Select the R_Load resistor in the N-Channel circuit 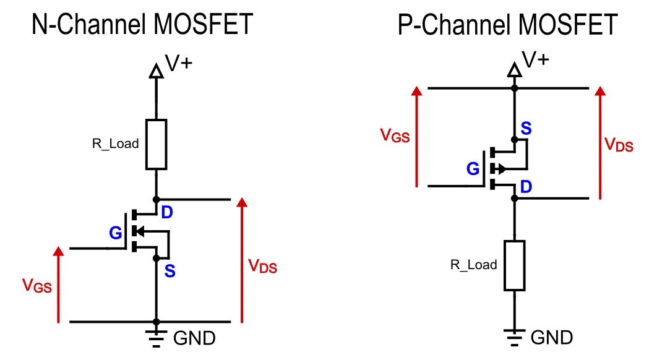pos(156,144)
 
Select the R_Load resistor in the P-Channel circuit pos(514,265)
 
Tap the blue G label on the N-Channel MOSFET pos(116,233)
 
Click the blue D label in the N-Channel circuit pos(168,213)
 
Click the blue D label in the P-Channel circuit pos(525,187)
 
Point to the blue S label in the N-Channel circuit pos(170,270)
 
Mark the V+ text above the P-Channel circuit pos(536,59)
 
